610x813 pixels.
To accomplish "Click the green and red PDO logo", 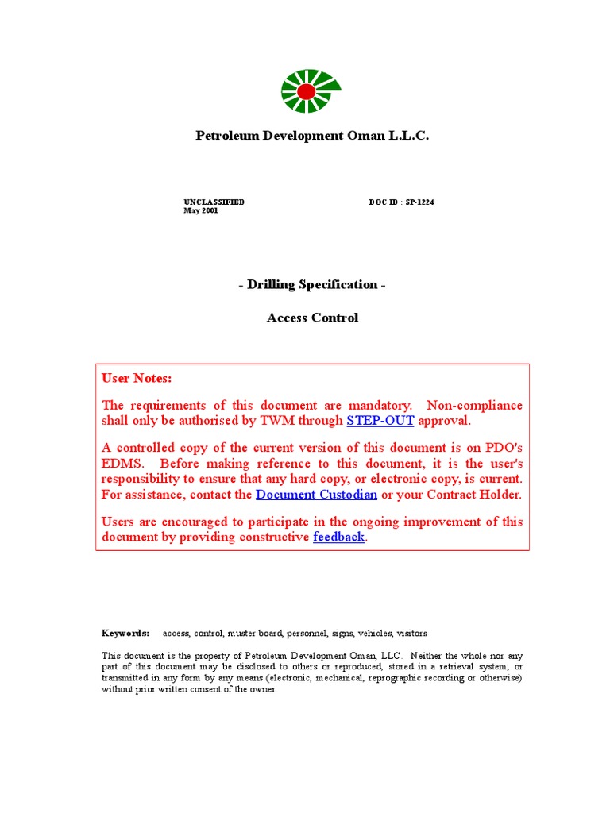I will (x=311, y=91).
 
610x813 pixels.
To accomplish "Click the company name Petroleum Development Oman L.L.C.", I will (x=312, y=136).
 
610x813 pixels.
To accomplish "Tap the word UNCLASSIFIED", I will (x=214, y=202).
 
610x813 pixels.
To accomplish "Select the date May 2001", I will (x=201, y=211).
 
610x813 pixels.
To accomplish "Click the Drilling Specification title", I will (x=312, y=284).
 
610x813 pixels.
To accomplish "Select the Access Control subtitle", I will (x=312, y=318).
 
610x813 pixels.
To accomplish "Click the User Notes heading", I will (x=137, y=378).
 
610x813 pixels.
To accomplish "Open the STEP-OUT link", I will (x=380, y=421).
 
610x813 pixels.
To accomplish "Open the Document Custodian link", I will (x=317, y=495).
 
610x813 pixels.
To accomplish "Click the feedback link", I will (x=339, y=537).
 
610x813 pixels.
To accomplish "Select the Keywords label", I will (x=125, y=634).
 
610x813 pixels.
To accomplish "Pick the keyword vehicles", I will (x=375, y=634).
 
